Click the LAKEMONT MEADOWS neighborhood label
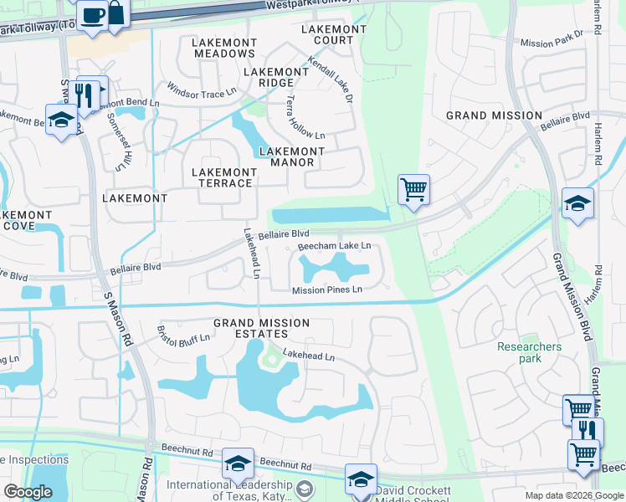point(223,48)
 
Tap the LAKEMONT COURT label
point(334,34)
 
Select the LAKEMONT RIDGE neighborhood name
point(269,78)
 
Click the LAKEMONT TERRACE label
point(223,177)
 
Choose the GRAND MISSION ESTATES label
point(261,329)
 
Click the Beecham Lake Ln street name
point(334,246)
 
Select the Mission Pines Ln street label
point(326,290)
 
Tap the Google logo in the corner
point(28,491)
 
